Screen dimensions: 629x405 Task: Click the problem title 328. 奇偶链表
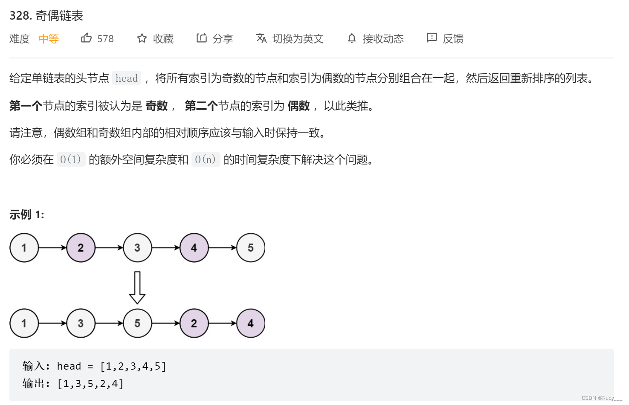(x=46, y=16)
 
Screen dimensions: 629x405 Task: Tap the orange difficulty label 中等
(x=49, y=39)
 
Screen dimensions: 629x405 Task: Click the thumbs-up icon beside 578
(x=87, y=38)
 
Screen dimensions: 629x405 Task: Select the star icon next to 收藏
(x=142, y=38)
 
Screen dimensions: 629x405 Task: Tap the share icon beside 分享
(x=201, y=38)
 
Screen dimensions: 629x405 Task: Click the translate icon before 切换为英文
(x=261, y=38)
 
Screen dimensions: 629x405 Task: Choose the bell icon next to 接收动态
(x=351, y=38)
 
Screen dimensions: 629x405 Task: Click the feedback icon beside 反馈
(x=432, y=38)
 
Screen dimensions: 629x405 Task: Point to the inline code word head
(x=127, y=78)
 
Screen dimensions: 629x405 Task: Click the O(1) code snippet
(x=71, y=159)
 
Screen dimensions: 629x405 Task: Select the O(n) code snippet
(x=206, y=159)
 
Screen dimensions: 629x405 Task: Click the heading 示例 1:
(x=26, y=214)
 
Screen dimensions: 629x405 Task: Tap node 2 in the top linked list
(x=81, y=248)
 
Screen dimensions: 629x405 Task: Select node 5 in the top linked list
(x=250, y=248)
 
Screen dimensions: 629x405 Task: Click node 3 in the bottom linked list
(x=81, y=323)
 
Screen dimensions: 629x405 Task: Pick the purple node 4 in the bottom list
(x=250, y=323)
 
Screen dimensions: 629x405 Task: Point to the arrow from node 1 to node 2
(x=52, y=248)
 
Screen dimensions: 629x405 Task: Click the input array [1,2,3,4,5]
(x=133, y=366)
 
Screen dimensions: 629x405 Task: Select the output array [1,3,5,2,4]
(x=90, y=384)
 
